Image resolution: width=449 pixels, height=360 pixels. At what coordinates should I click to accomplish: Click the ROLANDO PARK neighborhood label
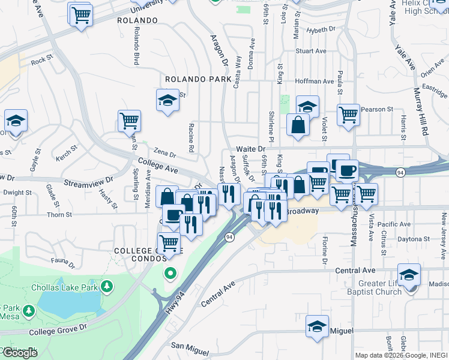click(x=198, y=79)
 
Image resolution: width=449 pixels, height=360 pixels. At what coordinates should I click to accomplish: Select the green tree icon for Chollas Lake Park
click(x=107, y=285)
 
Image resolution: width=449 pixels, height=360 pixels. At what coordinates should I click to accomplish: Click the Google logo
click(x=19, y=352)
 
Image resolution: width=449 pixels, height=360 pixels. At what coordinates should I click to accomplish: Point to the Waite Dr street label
click(x=250, y=148)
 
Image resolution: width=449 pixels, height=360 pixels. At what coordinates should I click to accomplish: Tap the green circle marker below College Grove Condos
click(x=170, y=274)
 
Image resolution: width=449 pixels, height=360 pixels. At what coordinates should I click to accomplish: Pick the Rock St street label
click(x=38, y=61)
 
